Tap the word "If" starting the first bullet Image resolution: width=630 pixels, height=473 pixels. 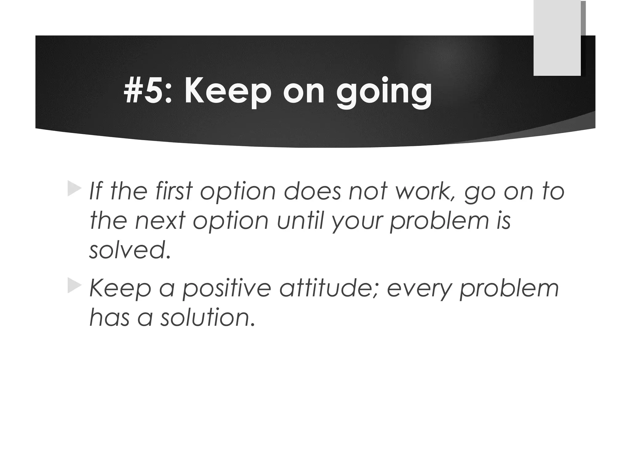click(x=96, y=191)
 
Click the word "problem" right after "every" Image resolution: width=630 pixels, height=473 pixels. click(x=509, y=289)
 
